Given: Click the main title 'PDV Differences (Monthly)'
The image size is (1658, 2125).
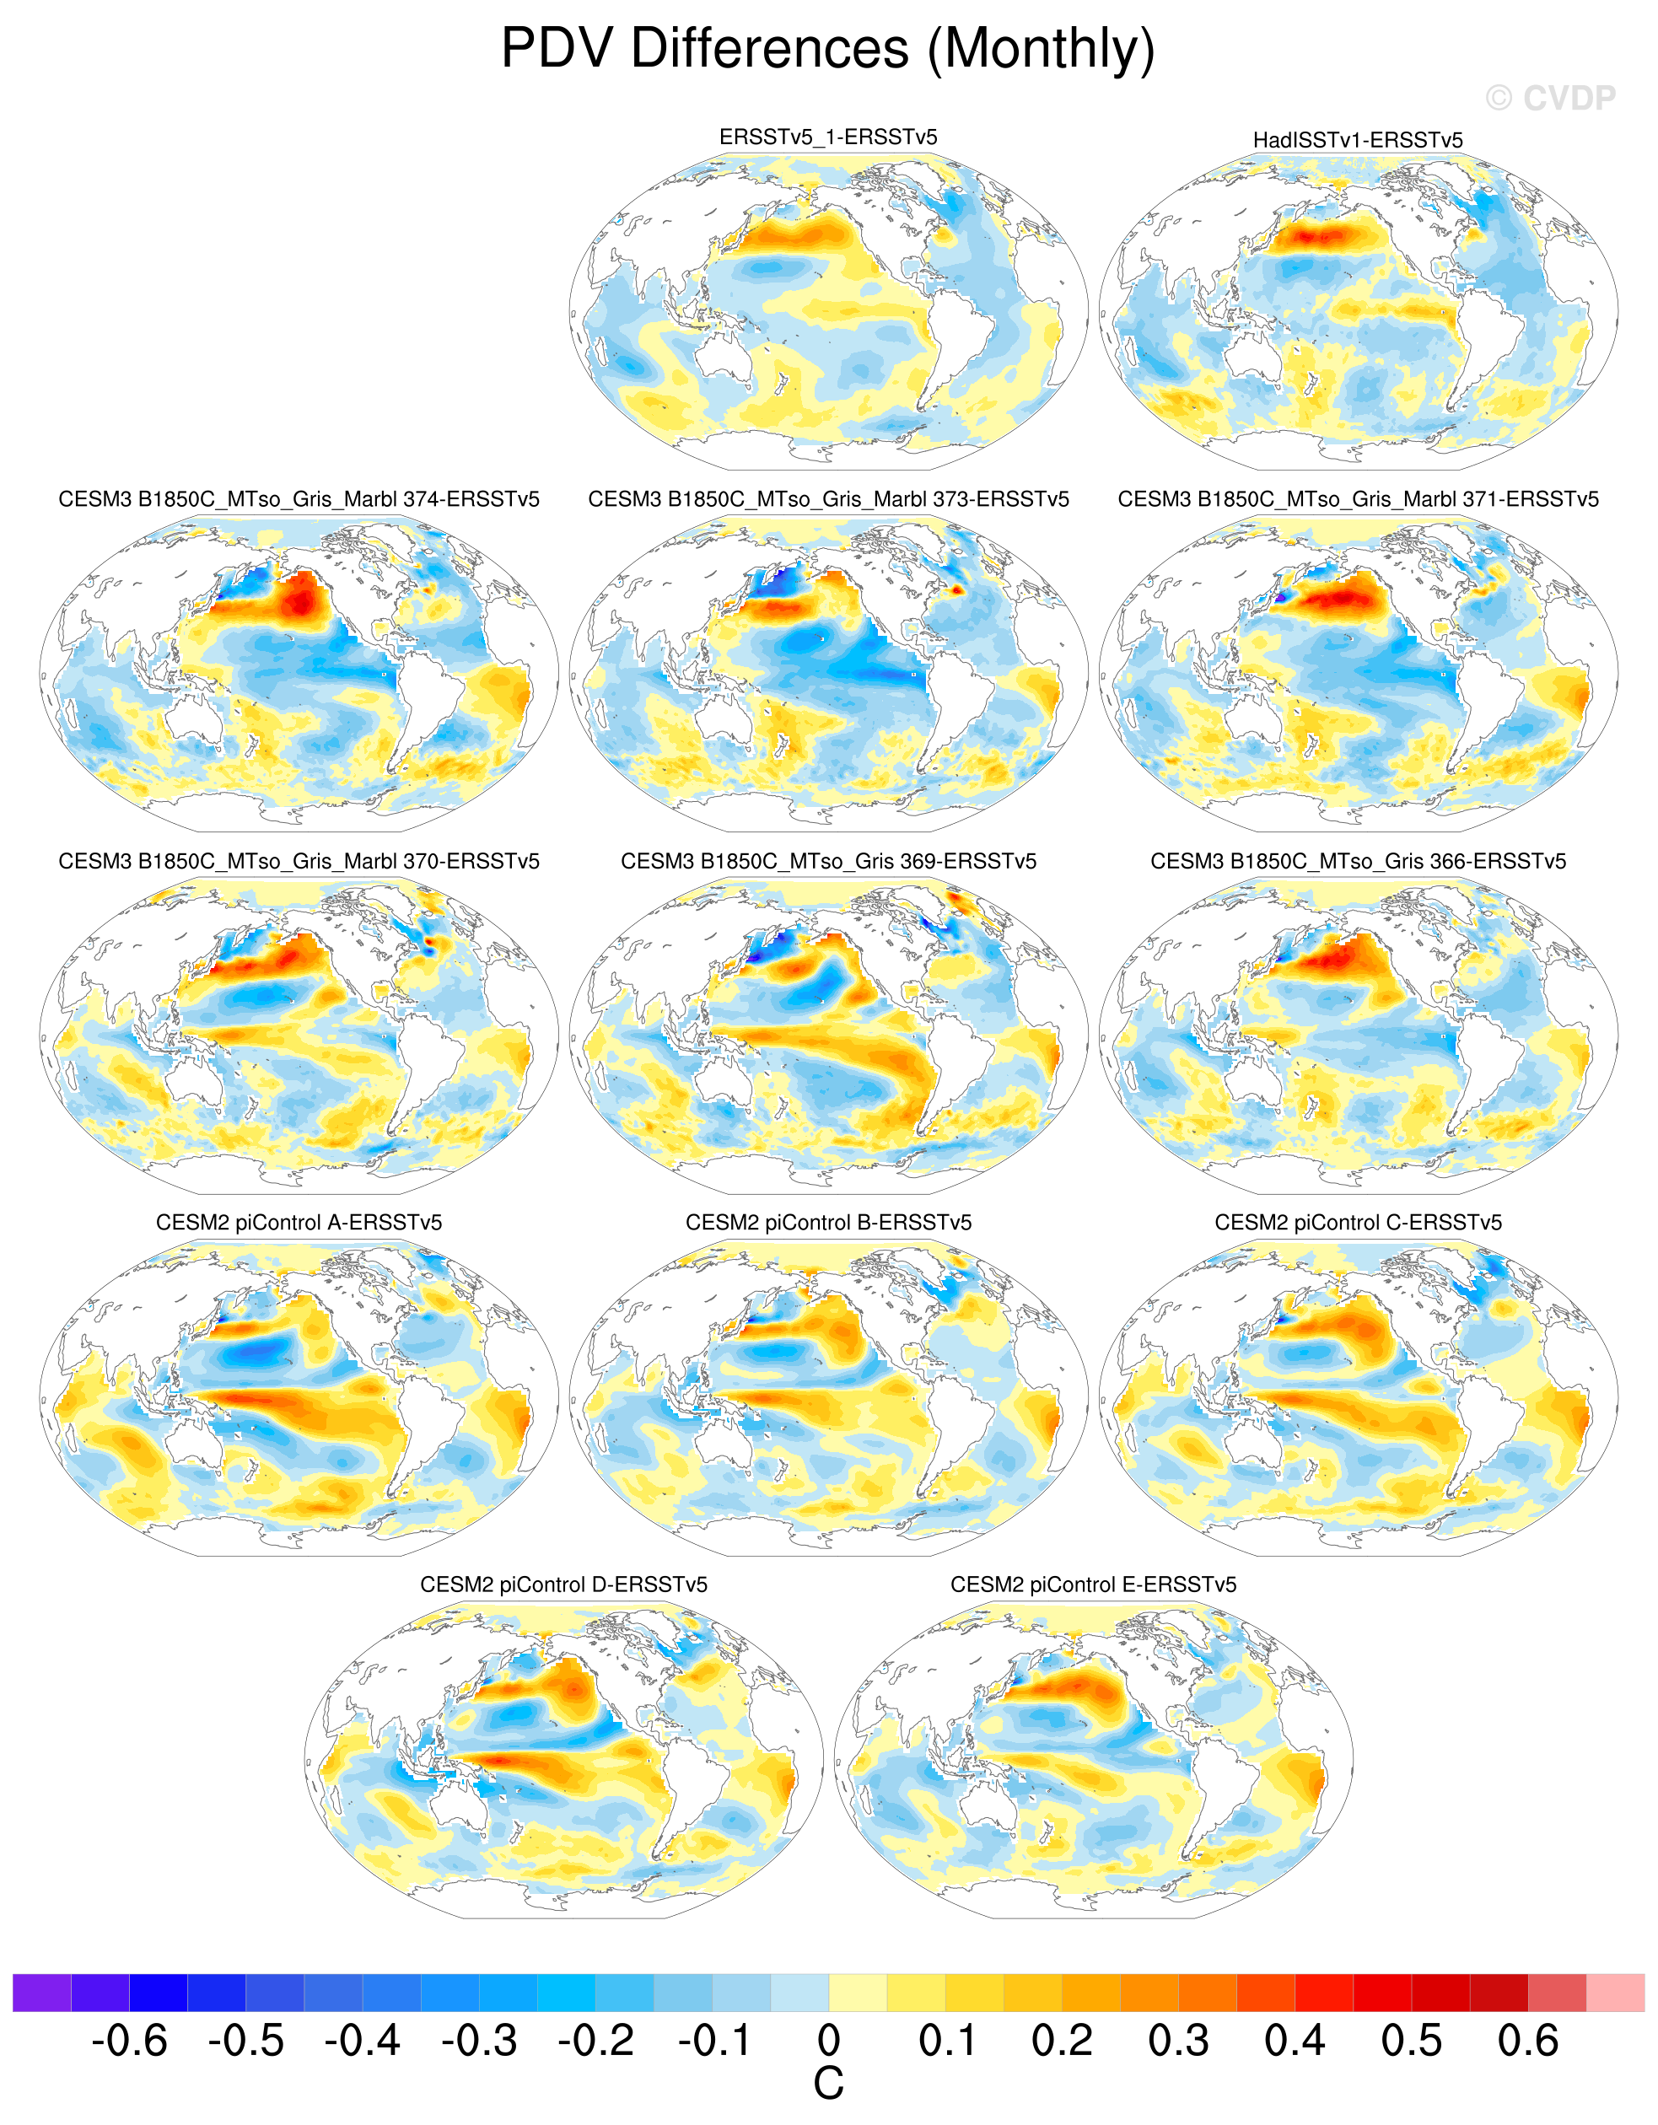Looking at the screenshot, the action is [x=828, y=49].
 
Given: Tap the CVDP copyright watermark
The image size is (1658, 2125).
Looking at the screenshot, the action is [x=1550, y=99].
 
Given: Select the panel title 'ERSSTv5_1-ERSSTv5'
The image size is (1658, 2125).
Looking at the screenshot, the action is [x=828, y=137].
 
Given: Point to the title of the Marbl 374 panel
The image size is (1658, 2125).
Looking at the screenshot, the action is [x=299, y=499].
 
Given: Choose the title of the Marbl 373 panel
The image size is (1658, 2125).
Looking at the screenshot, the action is [x=828, y=499].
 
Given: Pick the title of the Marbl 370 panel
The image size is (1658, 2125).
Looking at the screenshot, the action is [x=299, y=861].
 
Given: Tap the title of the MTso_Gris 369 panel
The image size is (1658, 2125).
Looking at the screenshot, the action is [x=828, y=861].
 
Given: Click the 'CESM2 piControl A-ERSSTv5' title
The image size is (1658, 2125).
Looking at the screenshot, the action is [x=299, y=1222].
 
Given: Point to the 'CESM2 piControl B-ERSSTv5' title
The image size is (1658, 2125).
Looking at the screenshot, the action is [x=828, y=1222].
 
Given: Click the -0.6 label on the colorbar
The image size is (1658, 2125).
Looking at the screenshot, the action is [x=129, y=2041].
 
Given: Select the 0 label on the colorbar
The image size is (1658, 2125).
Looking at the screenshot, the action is [x=828, y=2041].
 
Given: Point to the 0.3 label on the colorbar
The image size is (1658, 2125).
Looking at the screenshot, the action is [x=1178, y=2041].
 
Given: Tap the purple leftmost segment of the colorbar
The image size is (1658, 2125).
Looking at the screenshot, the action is [x=42, y=1992].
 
